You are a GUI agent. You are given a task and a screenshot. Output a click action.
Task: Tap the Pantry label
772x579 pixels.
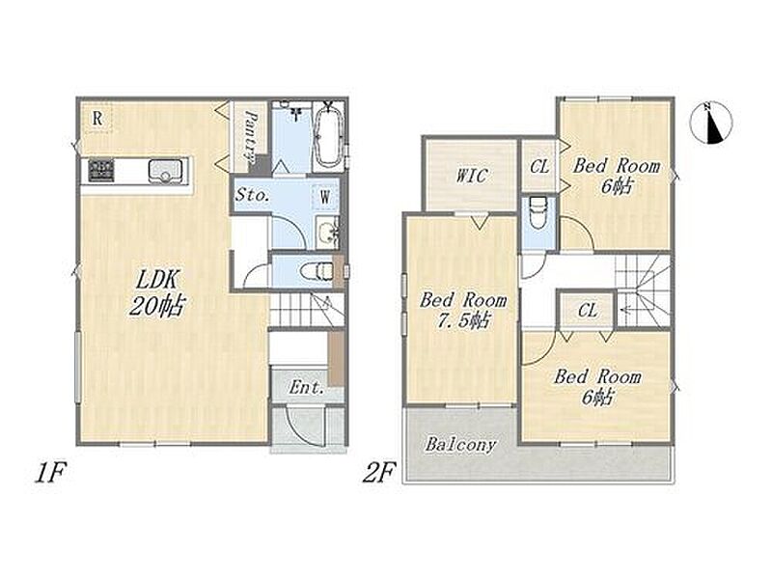pos(251,138)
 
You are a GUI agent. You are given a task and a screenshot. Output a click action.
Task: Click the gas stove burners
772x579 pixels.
pos(101,171)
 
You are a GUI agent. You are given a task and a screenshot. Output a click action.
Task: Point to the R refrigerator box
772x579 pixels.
pos(97,118)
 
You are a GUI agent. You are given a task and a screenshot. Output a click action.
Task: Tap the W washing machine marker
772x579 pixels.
pos(325,198)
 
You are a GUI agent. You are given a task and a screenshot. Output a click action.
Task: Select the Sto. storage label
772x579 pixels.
pos(252,195)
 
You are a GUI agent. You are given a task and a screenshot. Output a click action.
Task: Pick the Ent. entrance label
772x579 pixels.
pos(306,388)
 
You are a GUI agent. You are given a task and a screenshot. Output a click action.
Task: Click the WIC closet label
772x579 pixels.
pos(471,176)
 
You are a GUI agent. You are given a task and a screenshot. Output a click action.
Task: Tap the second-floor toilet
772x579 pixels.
pos(538,212)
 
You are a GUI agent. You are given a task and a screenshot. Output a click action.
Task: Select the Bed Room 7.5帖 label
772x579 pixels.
pos(462,310)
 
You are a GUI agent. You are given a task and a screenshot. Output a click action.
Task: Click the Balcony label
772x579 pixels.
pos(460,444)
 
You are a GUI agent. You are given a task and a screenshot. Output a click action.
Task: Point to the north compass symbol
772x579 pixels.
pos(711,123)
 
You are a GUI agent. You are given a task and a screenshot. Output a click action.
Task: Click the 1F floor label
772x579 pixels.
pos(50,474)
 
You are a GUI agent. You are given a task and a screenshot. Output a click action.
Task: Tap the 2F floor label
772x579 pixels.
pos(378,474)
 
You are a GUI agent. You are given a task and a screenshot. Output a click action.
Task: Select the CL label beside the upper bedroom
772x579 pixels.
pos(539,166)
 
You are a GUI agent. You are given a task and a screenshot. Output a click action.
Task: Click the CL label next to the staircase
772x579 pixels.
pos(588,310)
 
